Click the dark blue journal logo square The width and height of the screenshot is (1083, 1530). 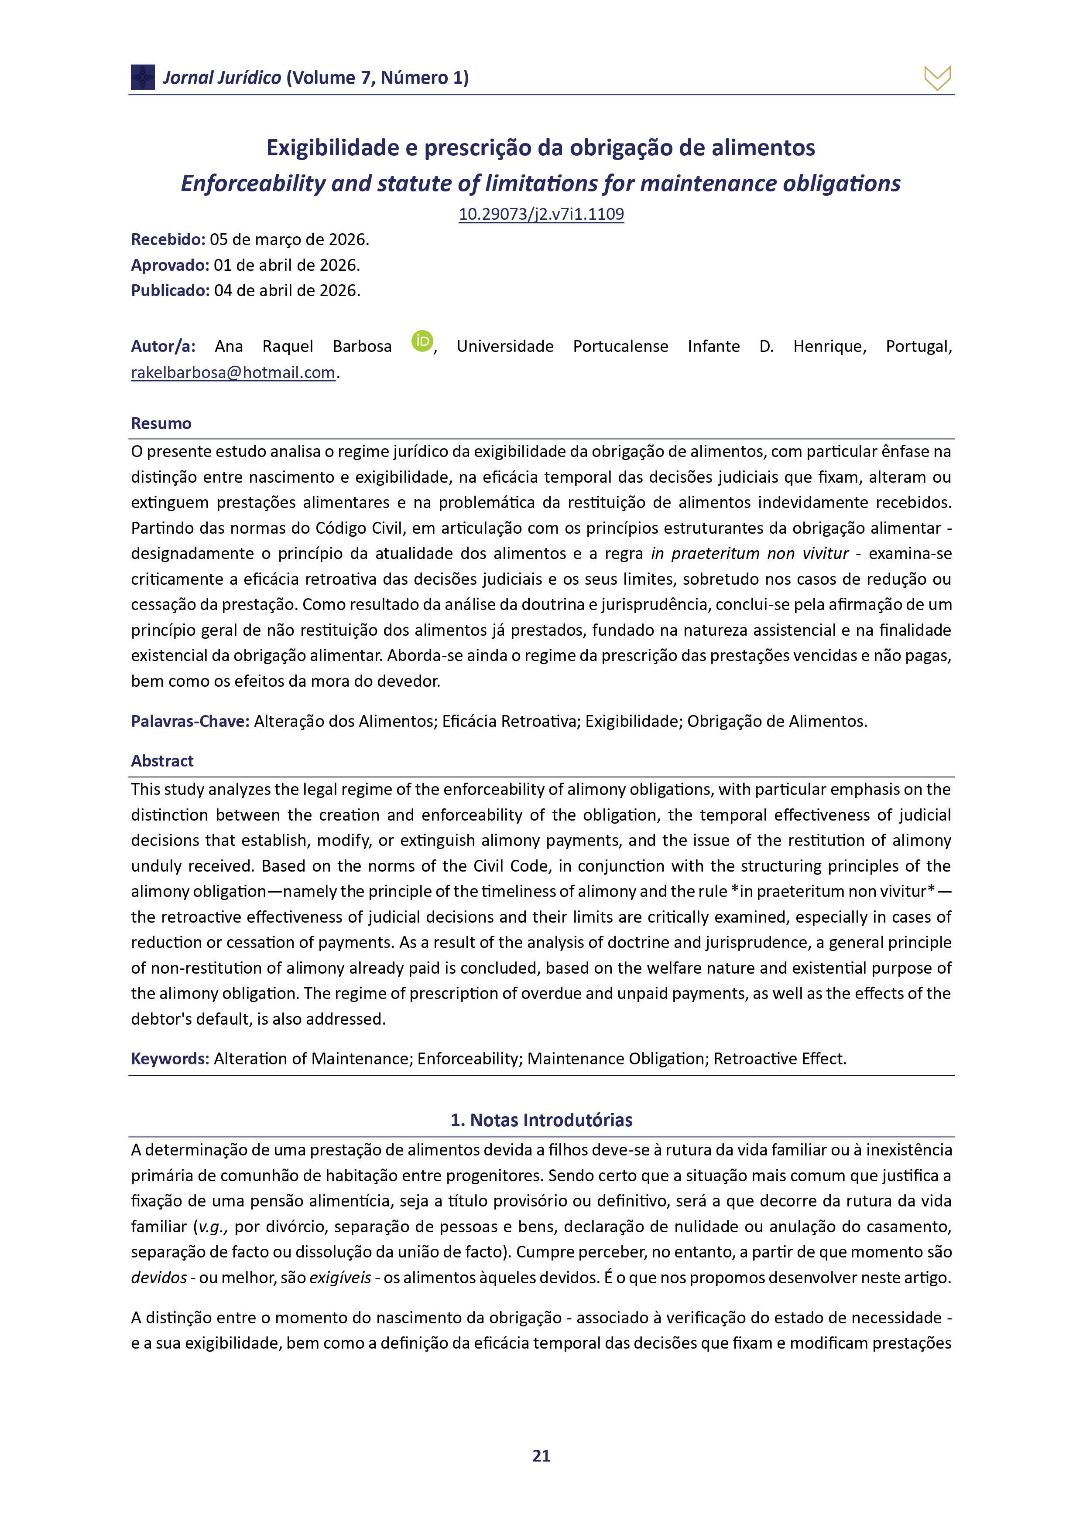[143, 77]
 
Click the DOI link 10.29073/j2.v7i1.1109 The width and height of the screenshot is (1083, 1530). [541, 214]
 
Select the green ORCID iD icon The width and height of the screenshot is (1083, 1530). [422, 341]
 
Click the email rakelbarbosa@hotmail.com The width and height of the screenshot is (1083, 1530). [233, 372]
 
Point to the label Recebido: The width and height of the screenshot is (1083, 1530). [168, 239]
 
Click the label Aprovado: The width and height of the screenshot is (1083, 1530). [170, 265]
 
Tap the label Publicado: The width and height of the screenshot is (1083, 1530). [170, 290]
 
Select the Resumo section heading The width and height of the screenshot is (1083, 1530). [161, 424]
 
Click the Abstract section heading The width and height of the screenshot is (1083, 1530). [162, 761]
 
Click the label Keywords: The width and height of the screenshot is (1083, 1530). [170, 1059]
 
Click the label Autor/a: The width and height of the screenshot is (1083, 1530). [163, 347]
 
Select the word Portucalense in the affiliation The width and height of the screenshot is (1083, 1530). [620, 347]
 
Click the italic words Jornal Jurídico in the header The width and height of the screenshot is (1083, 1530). [222, 78]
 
